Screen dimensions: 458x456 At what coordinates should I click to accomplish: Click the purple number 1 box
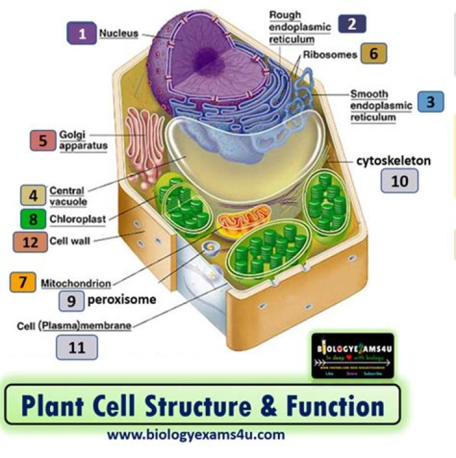[82, 32]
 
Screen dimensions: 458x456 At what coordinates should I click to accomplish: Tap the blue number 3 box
[431, 101]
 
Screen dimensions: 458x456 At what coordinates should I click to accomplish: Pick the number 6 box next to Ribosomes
[374, 54]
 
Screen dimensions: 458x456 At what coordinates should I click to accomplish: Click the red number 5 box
[43, 140]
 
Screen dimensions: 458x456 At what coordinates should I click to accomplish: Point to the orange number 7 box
[23, 283]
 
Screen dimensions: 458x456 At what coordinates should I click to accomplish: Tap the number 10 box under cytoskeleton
[400, 181]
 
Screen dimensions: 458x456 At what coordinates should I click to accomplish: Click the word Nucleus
[118, 33]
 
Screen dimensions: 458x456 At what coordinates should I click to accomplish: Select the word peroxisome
[122, 299]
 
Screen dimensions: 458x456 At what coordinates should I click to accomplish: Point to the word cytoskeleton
[393, 161]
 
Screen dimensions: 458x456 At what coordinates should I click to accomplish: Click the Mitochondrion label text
[76, 283]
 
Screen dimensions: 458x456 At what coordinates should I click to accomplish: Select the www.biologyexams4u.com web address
[196, 435]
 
